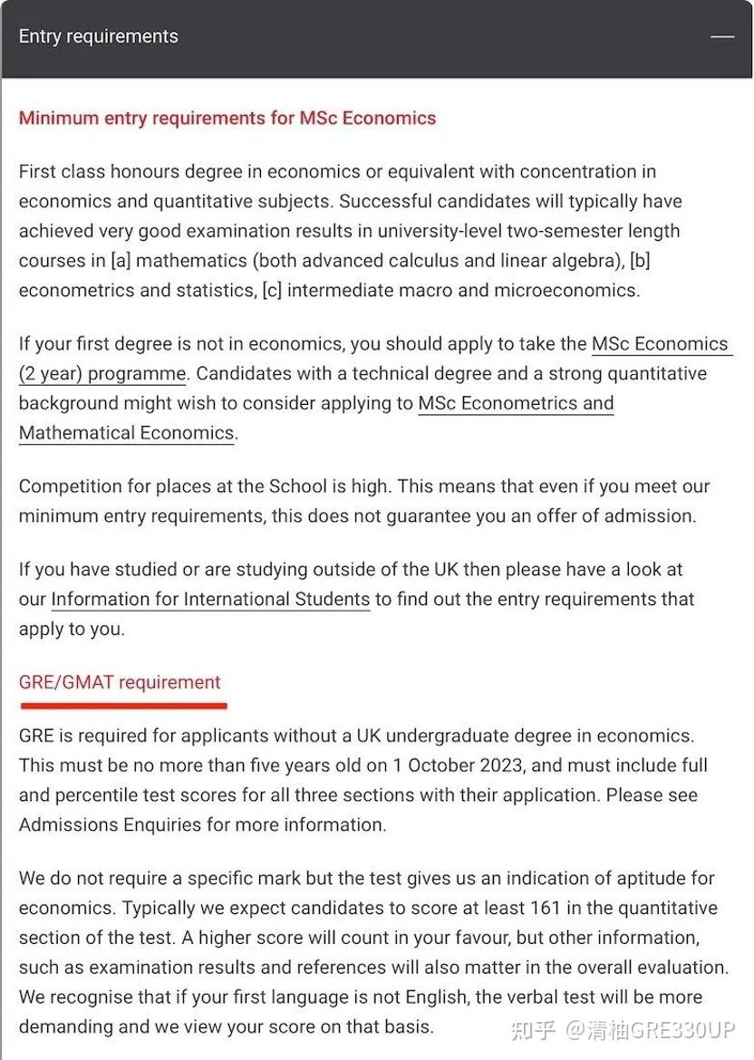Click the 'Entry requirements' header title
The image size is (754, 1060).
(98, 36)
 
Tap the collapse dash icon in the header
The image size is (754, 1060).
(722, 36)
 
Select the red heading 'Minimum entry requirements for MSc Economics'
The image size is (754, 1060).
(227, 118)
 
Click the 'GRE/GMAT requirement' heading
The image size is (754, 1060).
(120, 682)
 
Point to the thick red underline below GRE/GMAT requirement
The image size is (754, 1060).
(122, 704)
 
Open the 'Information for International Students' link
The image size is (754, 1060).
(210, 599)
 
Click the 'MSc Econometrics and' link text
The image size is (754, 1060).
(516, 403)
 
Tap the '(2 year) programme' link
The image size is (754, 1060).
(102, 373)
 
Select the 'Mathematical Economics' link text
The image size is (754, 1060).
(126, 432)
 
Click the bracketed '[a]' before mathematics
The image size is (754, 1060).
(121, 260)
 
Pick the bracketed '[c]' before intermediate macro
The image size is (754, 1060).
(271, 290)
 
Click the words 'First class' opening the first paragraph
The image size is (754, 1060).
(62, 171)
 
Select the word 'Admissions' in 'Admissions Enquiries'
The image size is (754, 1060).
(67, 824)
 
